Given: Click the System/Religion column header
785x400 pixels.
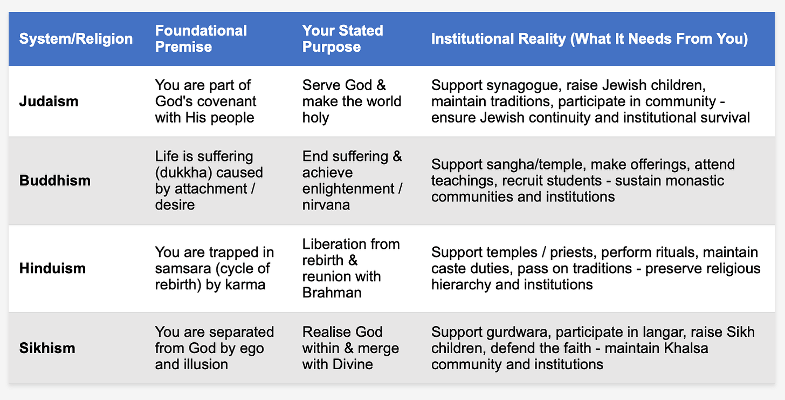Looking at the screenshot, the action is click(x=76, y=39).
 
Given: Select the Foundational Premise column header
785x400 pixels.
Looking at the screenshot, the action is click(x=201, y=38).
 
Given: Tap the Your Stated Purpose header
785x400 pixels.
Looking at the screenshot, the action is click(x=342, y=38).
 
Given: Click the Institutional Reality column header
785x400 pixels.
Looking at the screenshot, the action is click(x=589, y=39).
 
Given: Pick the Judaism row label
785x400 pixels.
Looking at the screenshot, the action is click(x=49, y=101).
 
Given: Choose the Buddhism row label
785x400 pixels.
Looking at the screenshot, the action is click(x=54, y=180).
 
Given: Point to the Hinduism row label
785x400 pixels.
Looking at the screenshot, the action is click(x=52, y=268).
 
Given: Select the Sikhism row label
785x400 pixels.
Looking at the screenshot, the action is click(x=47, y=348).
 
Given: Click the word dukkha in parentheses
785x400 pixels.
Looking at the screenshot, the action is click(x=182, y=173).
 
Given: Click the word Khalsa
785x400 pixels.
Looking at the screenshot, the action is click(x=683, y=348).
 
